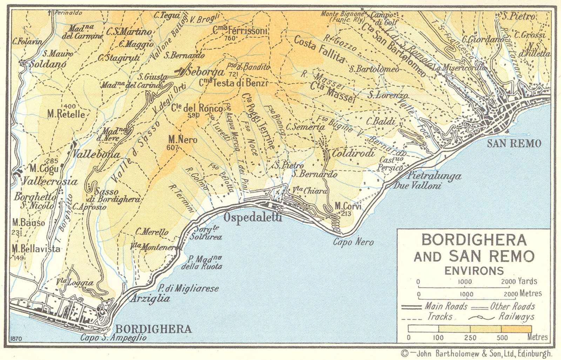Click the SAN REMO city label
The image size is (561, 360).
[x=514, y=143]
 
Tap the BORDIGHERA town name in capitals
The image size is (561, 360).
[x=154, y=329]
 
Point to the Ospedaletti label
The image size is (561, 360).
[x=252, y=217]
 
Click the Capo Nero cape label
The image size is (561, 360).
[x=353, y=242]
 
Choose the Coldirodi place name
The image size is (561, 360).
[x=353, y=153]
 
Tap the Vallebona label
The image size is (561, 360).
[x=96, y=154]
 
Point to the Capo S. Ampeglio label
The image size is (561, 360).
[x=113, y=338]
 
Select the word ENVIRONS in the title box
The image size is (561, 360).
[x=474, y=271]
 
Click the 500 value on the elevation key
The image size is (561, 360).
[x=502, y=338]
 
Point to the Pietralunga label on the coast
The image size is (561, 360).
[x=434, y=176]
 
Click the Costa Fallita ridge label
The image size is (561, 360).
[x=319, y=49]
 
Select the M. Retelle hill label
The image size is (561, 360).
[x=66, y=114]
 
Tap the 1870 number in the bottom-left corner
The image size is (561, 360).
[x=16, y=339]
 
